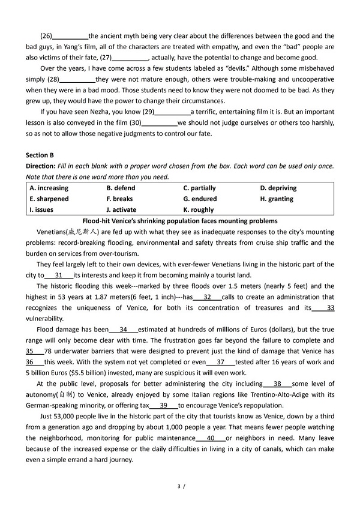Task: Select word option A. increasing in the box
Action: click(49, 188)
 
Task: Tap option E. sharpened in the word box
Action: click(49, 199)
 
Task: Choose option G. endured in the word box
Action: click(200, 199)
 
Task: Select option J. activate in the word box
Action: click(121, 210)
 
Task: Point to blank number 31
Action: click(58, 275)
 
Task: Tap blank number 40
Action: click(210, 438)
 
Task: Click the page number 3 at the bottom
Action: click(179, 485)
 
